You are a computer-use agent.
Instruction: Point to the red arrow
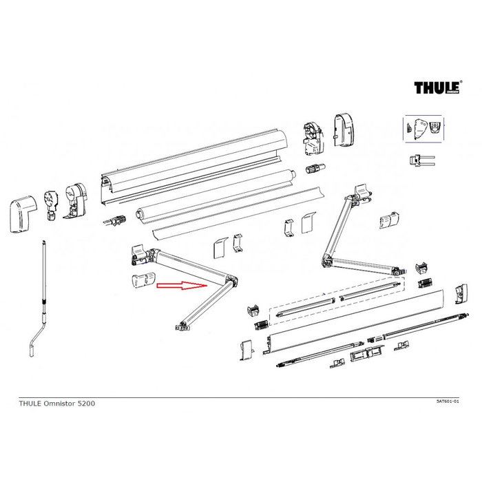pyautogui.click(x=182, y=285)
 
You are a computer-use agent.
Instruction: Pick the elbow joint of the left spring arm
pyautogui.click(x=233, y=281)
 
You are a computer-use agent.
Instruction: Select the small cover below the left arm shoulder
pyautogui.click(x=142, y=283)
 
